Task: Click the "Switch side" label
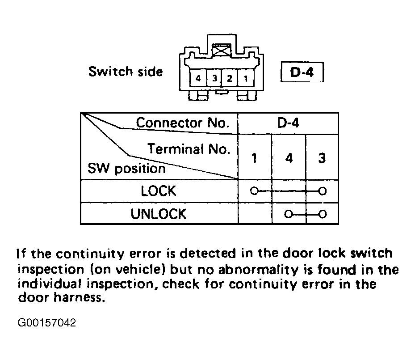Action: tap(126, 72)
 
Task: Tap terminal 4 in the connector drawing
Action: tap(198, 78)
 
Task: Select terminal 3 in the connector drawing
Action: tap(214, 78)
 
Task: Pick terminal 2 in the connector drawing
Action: tap(230, 78)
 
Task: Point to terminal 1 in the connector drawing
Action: tap(246, 78)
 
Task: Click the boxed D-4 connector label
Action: tap(302, 72)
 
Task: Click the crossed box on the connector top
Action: tap(222, 50)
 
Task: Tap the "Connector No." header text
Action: tap(183, 123)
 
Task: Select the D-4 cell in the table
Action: tap(288, 123)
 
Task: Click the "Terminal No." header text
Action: tap(189, 149)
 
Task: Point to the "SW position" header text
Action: tap(126, 169)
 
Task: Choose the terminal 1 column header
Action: tap(254, 158)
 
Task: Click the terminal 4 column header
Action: tap(289, 158)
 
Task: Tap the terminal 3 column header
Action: tap(322, 158)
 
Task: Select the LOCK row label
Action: tap(158, 191)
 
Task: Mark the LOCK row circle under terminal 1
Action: tap(254, 191)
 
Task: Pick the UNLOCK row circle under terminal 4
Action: tap(289, 214)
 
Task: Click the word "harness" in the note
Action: tap(77, 297)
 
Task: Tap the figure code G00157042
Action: tap(47, 322)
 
